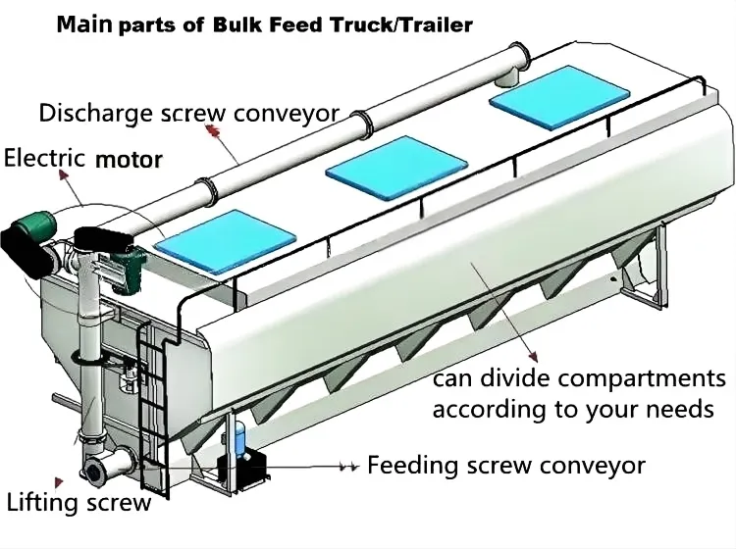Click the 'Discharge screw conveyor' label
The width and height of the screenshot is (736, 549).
(189, 113)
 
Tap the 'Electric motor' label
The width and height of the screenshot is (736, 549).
(83, 158)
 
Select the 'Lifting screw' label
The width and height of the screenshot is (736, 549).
(79, 504)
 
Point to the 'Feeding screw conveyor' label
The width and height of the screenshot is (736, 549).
(506, 465)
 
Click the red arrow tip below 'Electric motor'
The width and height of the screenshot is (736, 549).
(65, 174)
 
